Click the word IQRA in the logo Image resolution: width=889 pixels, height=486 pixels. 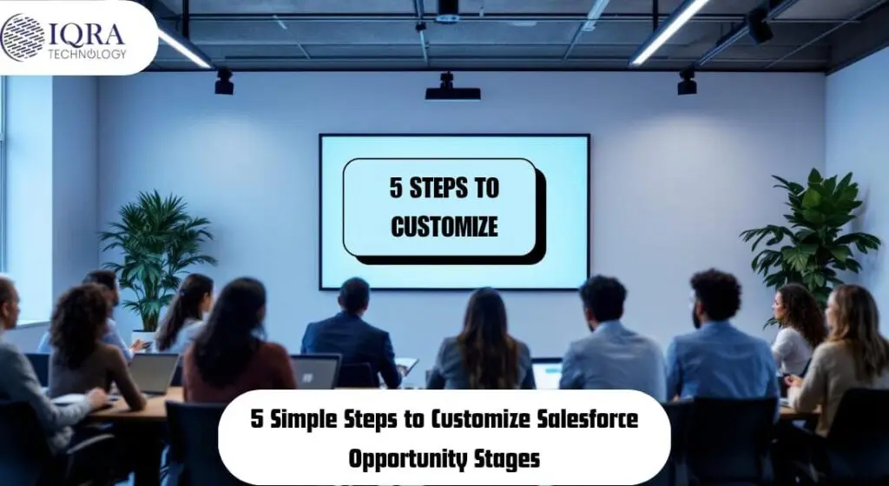coord(87,34)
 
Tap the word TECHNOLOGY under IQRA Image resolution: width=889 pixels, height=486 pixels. coord(87,54)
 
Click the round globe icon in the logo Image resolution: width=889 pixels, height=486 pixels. coord(23,38)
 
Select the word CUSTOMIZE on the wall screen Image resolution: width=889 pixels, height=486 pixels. coord(444,227)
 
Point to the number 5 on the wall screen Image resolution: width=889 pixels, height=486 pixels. coord(396,188)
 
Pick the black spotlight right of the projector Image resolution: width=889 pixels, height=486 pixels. coord(687,82)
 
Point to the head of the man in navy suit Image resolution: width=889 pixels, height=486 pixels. coord(354,296)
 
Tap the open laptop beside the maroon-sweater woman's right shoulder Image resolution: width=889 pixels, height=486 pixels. coord(315,372)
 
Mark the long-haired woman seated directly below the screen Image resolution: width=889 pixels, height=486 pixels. coord(481,341)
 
